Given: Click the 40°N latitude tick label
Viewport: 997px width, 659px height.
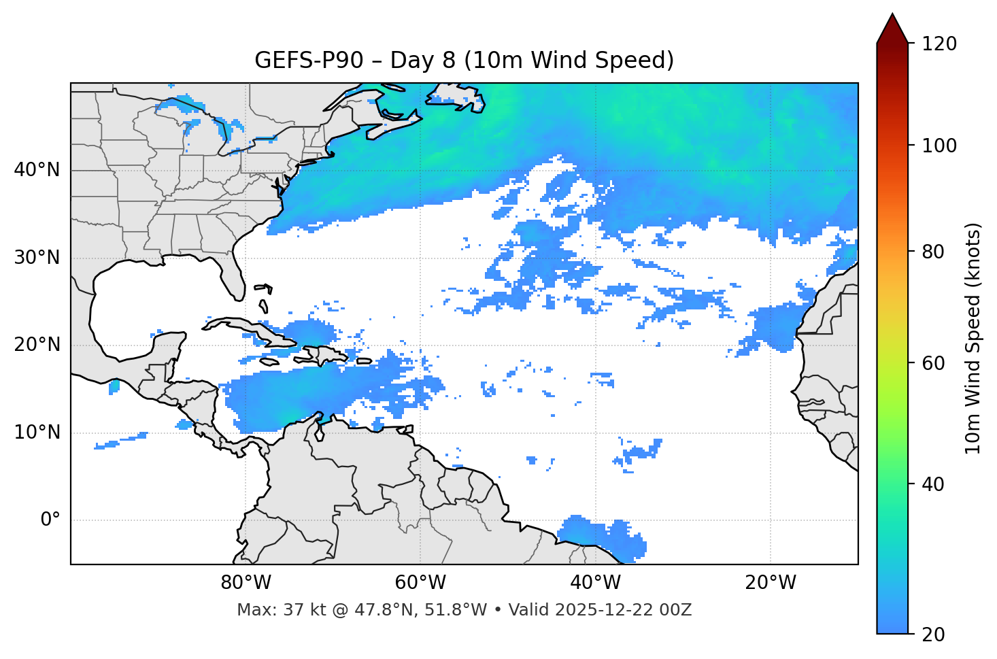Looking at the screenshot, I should [37, 170].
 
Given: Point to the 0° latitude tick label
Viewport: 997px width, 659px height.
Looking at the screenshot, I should [50, 520].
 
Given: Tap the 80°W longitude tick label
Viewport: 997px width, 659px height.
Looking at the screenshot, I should [246, 583].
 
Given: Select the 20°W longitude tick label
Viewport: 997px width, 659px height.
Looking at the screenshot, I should [771, 583].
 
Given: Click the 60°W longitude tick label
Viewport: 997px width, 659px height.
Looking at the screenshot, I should [420, 583].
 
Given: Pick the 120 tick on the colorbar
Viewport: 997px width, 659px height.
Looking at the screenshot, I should [939, 44].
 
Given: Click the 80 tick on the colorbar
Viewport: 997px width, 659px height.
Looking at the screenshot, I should [935, 252].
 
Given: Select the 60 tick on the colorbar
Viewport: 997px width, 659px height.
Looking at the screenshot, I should [935, 363].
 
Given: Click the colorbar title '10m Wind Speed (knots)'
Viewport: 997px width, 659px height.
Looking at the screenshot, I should [973, 338].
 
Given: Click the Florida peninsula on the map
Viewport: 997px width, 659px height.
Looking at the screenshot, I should [233, 275].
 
